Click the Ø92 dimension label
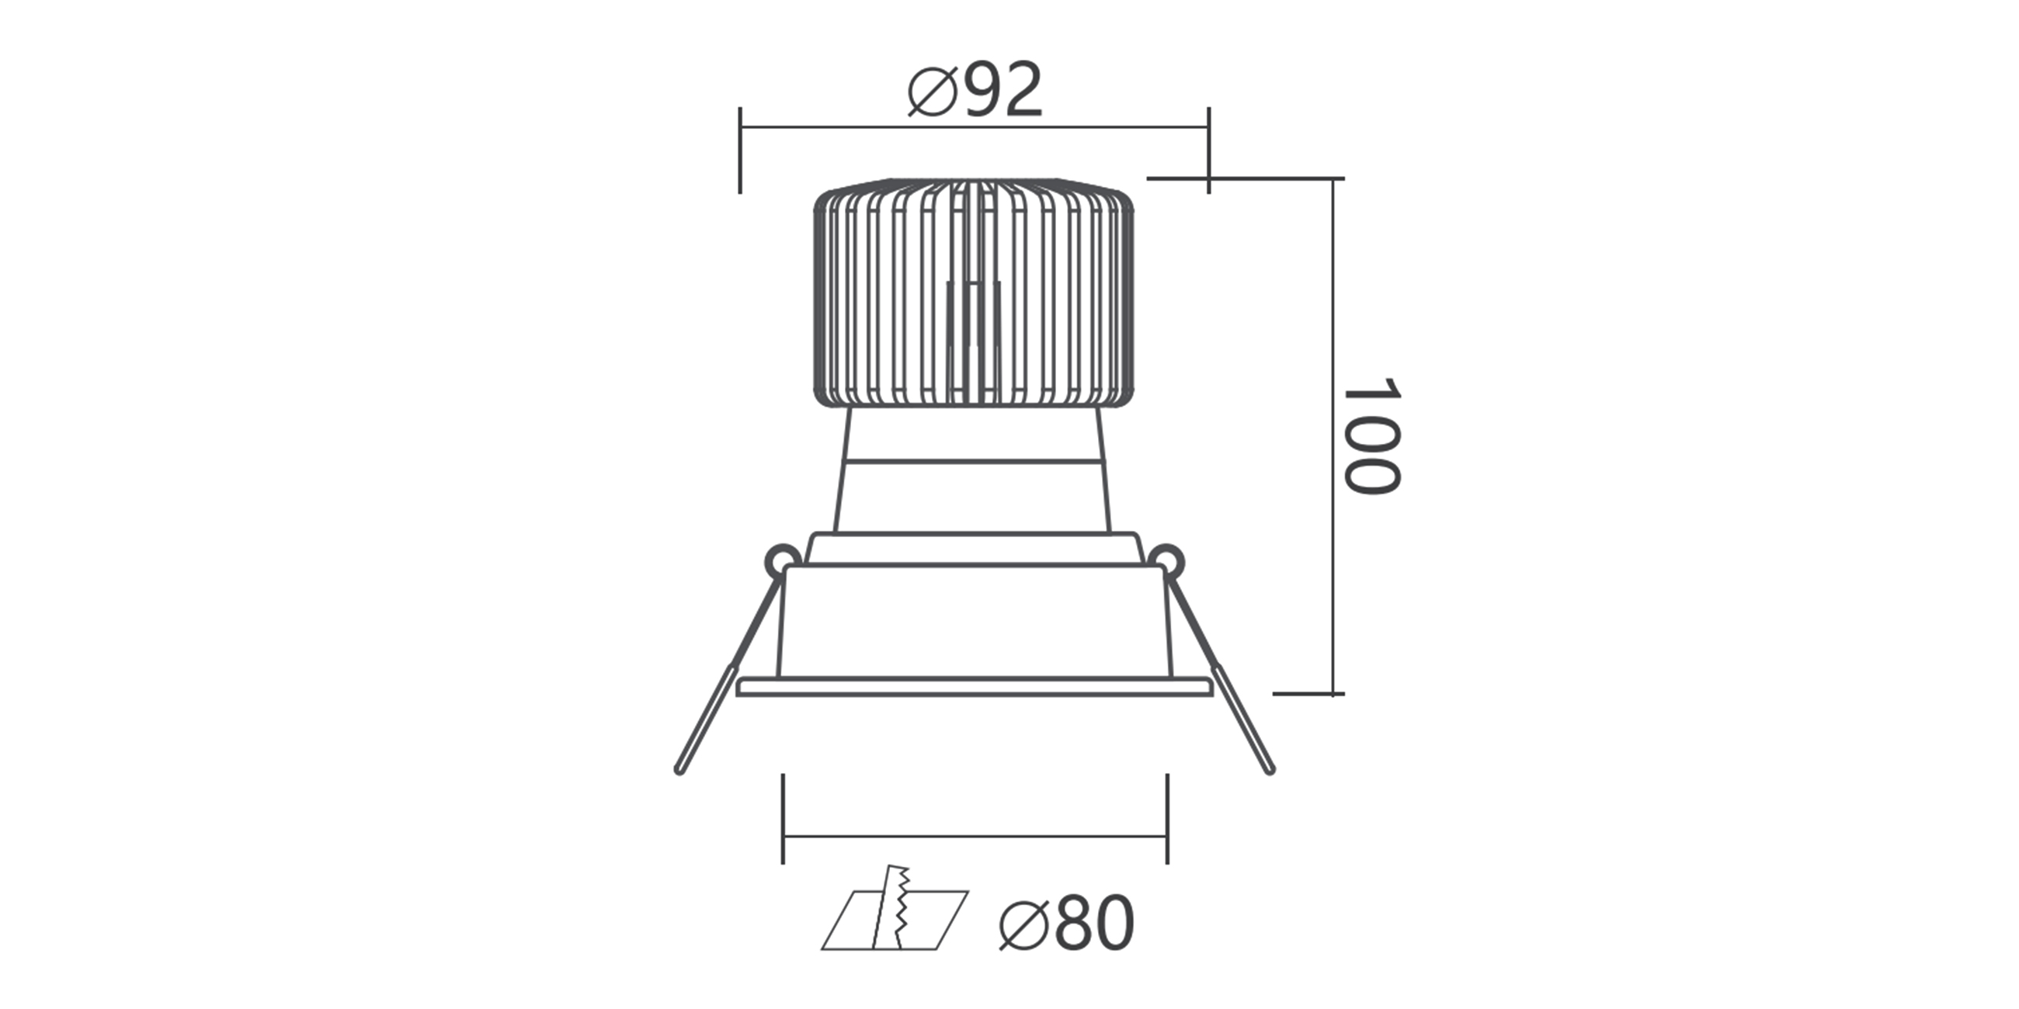coord(975,90)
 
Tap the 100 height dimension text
coord(1371,436)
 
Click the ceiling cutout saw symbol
coord(895,909)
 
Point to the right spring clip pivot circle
coord(1167,560)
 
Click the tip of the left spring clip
coord(679,771)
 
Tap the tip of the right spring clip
coord(1270,771)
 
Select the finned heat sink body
coord(975,293)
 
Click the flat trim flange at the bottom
coord(975,687)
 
